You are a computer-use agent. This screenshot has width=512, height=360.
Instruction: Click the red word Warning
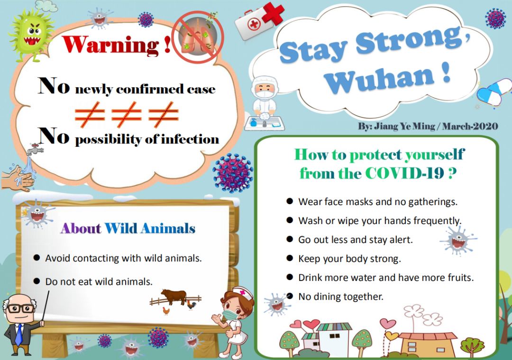110,45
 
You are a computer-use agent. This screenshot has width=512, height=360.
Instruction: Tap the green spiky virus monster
31,34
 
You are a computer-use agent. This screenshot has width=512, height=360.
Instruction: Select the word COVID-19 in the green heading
404,173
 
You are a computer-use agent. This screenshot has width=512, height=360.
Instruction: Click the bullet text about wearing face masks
377,202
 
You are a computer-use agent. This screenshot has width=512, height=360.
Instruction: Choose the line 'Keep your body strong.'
349,259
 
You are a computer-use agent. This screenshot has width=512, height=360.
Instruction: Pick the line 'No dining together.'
340,297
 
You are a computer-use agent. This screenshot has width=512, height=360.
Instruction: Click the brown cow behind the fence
174,296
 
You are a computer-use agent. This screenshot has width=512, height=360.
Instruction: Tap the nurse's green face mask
231,315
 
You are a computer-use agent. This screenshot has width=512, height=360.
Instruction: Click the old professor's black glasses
20,308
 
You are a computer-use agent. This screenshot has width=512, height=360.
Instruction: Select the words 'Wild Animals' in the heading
150,228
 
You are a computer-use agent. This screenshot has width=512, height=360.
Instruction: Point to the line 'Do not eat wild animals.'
99,281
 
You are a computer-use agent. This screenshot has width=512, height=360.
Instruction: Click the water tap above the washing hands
35,149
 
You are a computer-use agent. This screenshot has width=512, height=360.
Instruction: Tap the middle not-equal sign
127,114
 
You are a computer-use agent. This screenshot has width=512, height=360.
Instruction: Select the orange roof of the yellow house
428,336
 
